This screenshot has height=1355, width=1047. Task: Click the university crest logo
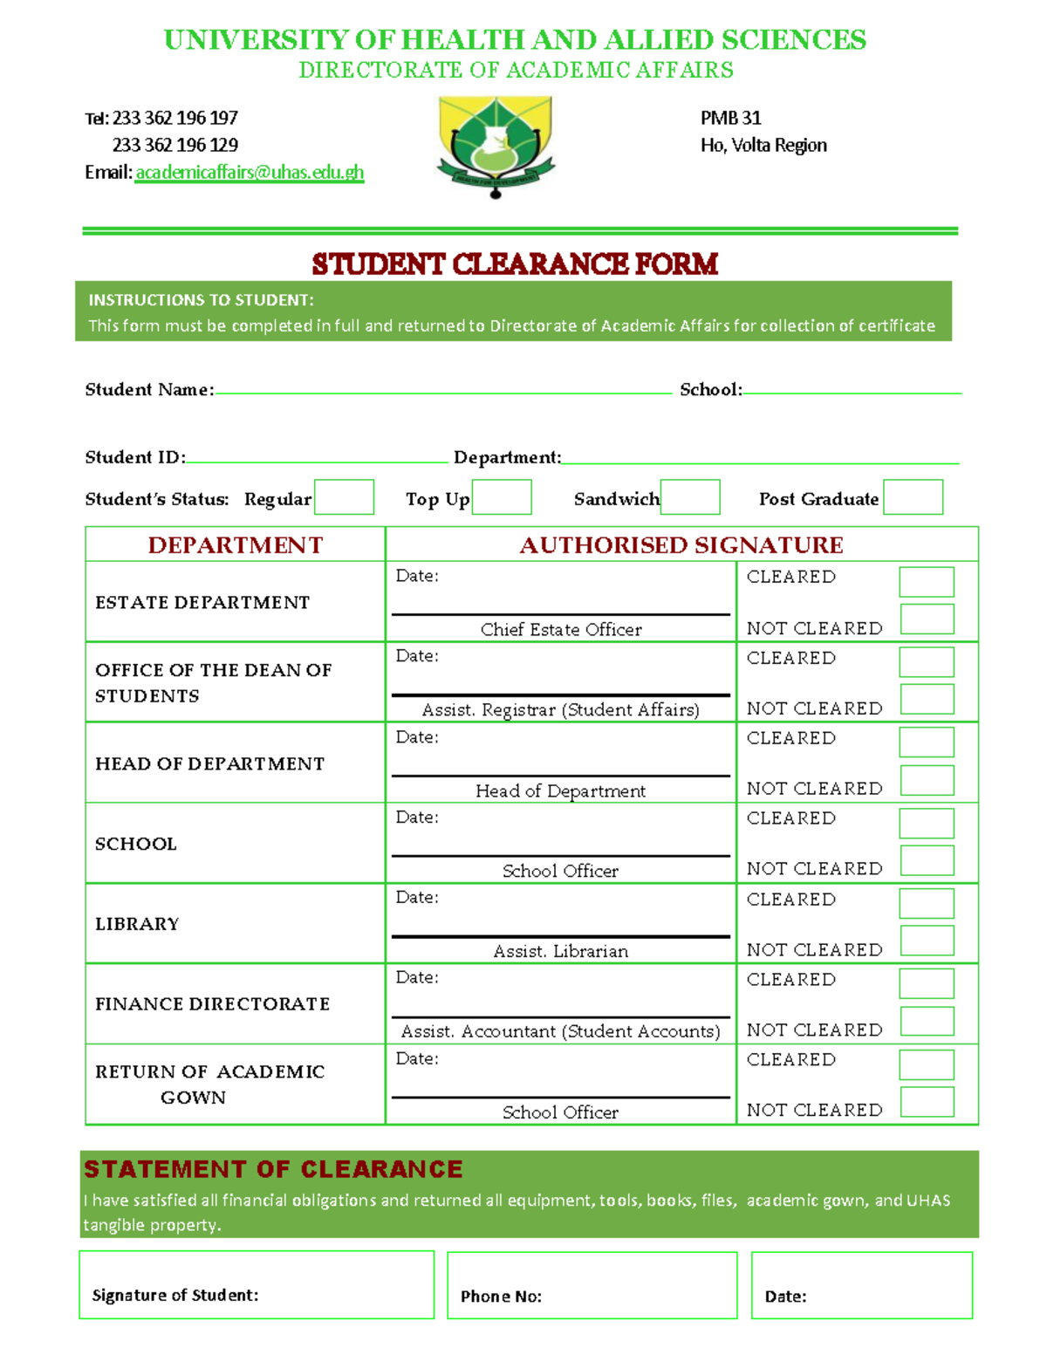pos(496,145)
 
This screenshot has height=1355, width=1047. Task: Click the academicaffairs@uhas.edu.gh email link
pos(250,172)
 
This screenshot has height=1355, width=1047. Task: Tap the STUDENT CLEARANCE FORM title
pos(515,263)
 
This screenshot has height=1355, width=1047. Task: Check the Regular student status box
pos(344,497)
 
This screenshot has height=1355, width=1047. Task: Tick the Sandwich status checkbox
pos(690,497)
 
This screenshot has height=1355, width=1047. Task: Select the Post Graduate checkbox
pos(913,497)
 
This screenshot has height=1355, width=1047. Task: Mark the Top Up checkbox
pos(502,497)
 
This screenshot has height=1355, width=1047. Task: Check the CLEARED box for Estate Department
pos(927,582)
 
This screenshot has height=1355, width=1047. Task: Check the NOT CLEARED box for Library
pos(927,941)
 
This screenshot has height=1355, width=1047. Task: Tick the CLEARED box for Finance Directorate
pos(927,983)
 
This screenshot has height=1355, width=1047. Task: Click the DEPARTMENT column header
pos(236,544)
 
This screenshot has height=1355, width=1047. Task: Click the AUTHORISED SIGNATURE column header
pos(681,544)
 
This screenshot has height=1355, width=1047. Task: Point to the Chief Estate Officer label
pos(561,629)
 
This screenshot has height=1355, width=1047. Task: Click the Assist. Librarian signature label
pos(561,951)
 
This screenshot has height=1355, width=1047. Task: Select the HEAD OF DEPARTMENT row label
pos(209,763)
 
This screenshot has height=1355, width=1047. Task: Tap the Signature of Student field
pos(257,1285)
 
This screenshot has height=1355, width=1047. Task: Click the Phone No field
pos(592,1285)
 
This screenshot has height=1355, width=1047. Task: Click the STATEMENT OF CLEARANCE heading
pos(273,1169)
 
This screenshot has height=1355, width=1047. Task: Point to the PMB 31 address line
pos(730,118)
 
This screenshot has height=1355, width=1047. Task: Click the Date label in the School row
pos(417,818)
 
